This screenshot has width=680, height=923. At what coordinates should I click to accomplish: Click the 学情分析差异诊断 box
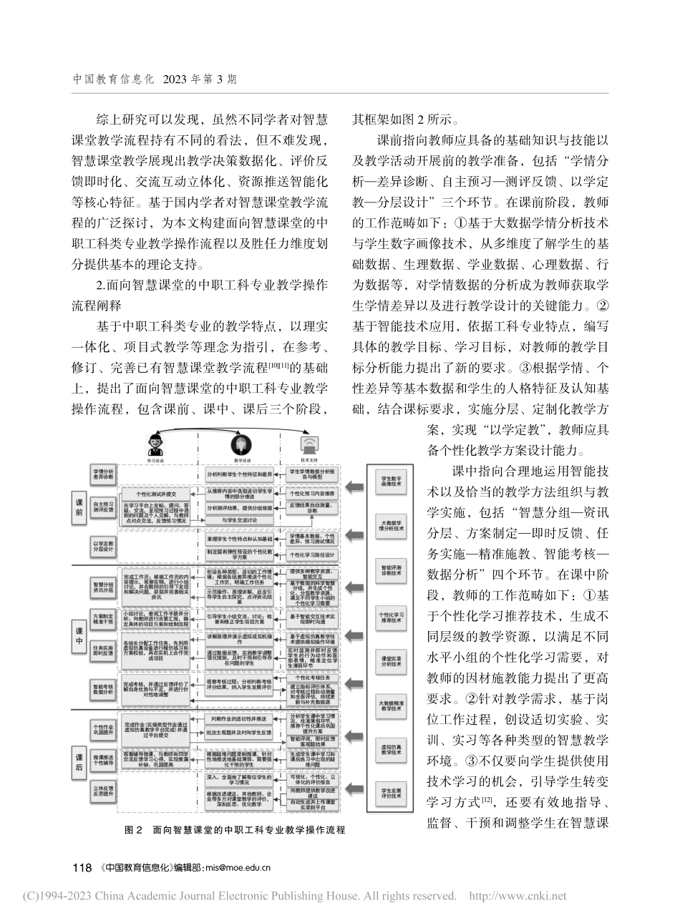[x=103, y=474]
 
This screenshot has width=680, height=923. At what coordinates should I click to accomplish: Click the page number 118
[x=82, y=868]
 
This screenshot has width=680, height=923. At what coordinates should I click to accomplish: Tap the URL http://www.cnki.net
[x=517, y=896]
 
